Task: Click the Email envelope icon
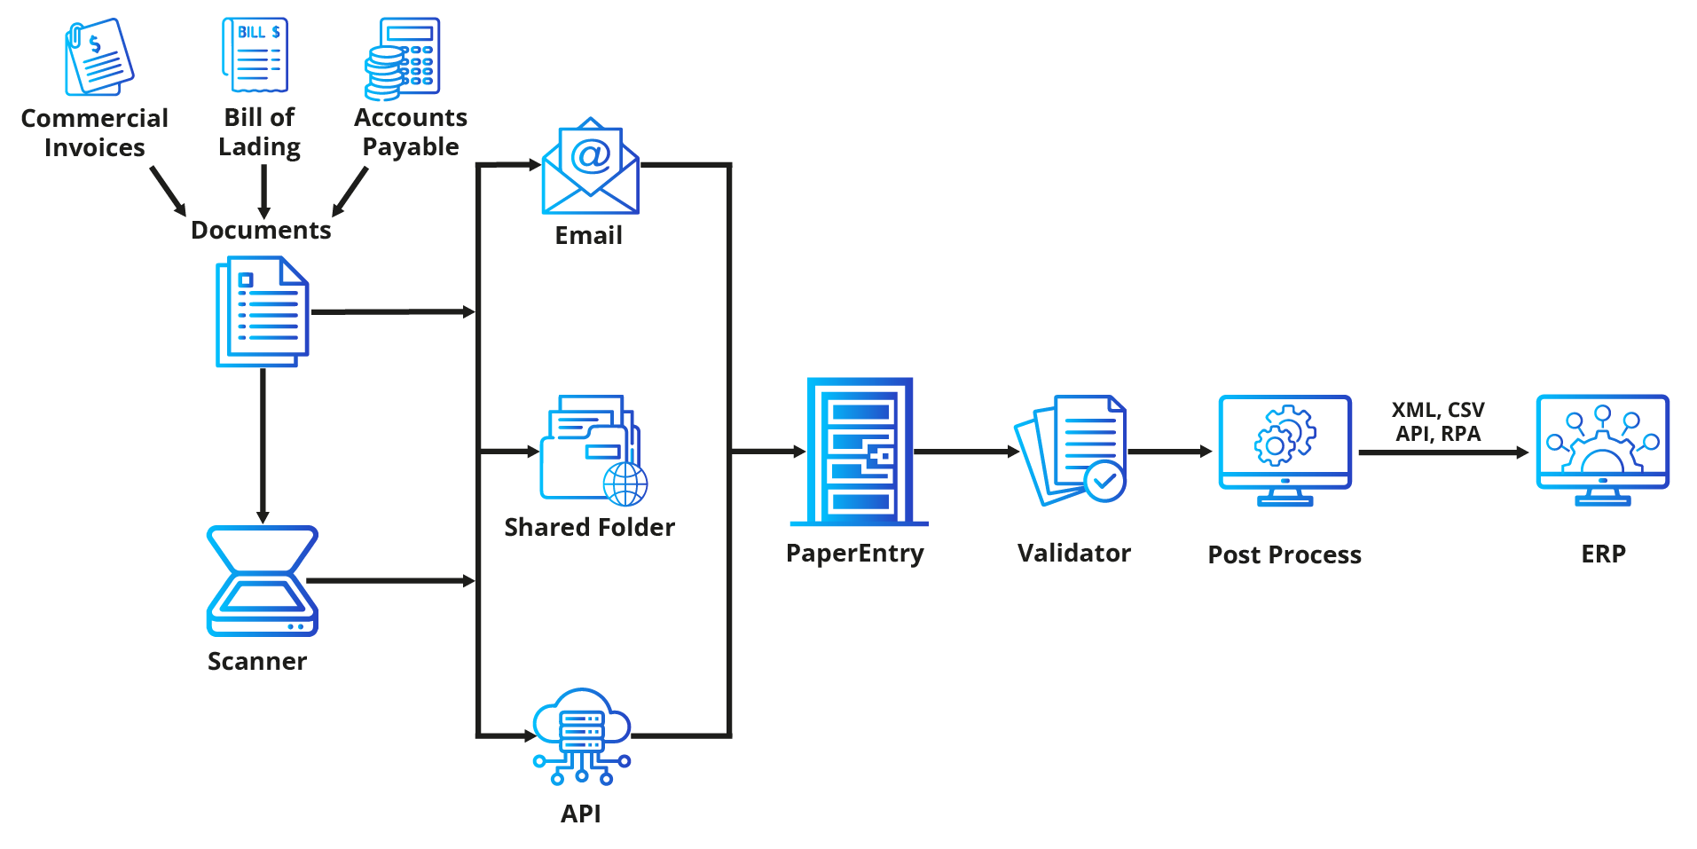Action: tap(590, 167)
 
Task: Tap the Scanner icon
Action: tap(262, 581)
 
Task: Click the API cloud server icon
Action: tap(581, 735)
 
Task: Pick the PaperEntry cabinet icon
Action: tap(860, 452)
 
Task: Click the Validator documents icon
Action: tap(1071, 450)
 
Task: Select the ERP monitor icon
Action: tap(1602, 449)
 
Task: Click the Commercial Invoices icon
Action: tap(98, 58)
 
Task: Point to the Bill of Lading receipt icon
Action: tap(255, 55)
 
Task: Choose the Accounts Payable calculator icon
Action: tap(404, 59)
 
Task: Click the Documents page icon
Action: tap(262, 311)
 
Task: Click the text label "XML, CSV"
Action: tap(1437, 410)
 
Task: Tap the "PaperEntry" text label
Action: tap(854, 554)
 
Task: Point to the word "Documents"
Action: tap(261, 231)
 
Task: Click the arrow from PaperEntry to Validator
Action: tap(966, 452)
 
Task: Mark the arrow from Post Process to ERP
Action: tap(1442, 452)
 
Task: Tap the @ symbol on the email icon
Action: tap(591, 155)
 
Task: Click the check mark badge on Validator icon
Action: tap(1105, 481)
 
